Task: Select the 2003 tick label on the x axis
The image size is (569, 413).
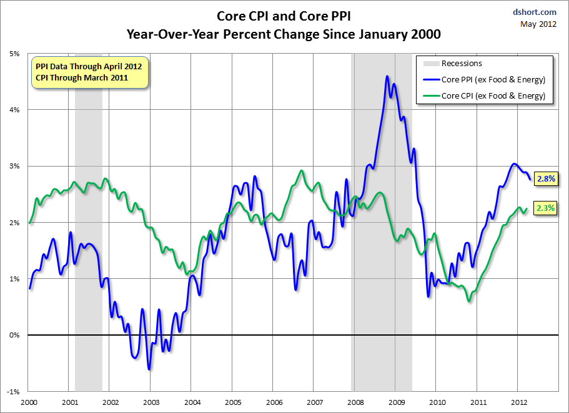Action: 151,402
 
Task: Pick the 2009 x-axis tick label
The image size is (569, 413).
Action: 396,402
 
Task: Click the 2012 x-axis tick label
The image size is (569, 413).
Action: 518,402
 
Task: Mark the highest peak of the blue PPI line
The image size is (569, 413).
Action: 387,76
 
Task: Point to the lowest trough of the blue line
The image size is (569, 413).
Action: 149,369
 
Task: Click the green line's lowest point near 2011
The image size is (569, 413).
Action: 468,301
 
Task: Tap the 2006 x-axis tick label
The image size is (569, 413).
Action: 273,402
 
